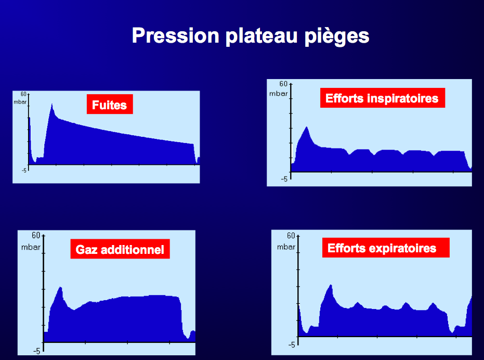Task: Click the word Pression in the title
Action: point(175,35)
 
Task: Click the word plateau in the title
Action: point(261,36)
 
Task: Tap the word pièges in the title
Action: point(337,36)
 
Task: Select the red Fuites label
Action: point(110,104)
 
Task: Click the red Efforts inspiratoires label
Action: point(383,98)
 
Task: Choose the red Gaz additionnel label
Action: point(120,249)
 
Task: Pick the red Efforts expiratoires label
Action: point(386,248)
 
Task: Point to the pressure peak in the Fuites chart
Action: point(52,104)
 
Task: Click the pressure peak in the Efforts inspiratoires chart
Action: point(307,127)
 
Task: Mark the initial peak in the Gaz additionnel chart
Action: point(60,287)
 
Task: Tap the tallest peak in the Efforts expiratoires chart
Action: point(331,285)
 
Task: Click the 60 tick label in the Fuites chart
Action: point(24,94)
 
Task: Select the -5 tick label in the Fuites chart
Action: point(24,170)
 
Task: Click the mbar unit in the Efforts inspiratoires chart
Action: point(279,94)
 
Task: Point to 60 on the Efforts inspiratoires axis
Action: point(283,84)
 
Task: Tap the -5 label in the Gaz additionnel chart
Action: point(37,351)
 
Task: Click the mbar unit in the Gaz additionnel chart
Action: point(31,247)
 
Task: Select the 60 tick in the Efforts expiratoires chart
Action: point(291,236)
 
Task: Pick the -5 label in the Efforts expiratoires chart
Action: point(292,344)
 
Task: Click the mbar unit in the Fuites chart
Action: point(20,102)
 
